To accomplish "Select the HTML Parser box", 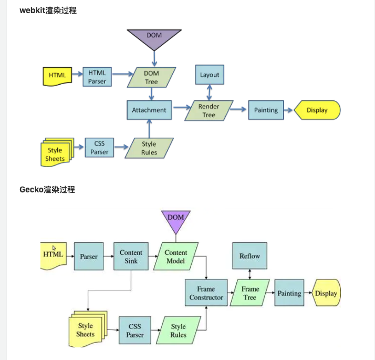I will pyautogui.click(x=97, y=77).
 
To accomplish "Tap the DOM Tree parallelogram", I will pyautogui.click(x=151, y=77).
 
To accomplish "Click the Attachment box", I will pyautogui.click(x=149, y=110).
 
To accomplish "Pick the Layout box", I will pyautogui.click(x=210, y=75).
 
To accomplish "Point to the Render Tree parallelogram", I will pyautogui.click(x=209, y=110).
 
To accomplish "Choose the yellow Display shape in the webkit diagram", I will pyautogui.click(x=317, y=110).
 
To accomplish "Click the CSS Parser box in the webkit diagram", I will pyautogui.click(x=99, y=148).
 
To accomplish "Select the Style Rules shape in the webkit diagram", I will pyautogui.click(x=149, y=148).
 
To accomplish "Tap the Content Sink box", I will pyautogui.click(x=131, y=256).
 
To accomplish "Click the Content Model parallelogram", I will pyautogui.click(x=176, y=256).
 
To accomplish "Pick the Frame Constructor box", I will pyautogui.click(x=206, y=293).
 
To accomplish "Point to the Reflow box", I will pyautogui.click(x=249, y=256).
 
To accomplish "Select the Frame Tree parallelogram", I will pyautogui.click(x=250, y=293).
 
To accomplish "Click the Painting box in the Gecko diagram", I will pyautogui.click(x=289, y=293).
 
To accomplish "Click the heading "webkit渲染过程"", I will pyautogui.click(x=48, y=10).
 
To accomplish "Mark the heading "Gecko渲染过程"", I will pyautogui.click(x=47, y=189).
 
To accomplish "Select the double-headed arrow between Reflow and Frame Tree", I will pyautogui.click(x=249, y=274).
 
